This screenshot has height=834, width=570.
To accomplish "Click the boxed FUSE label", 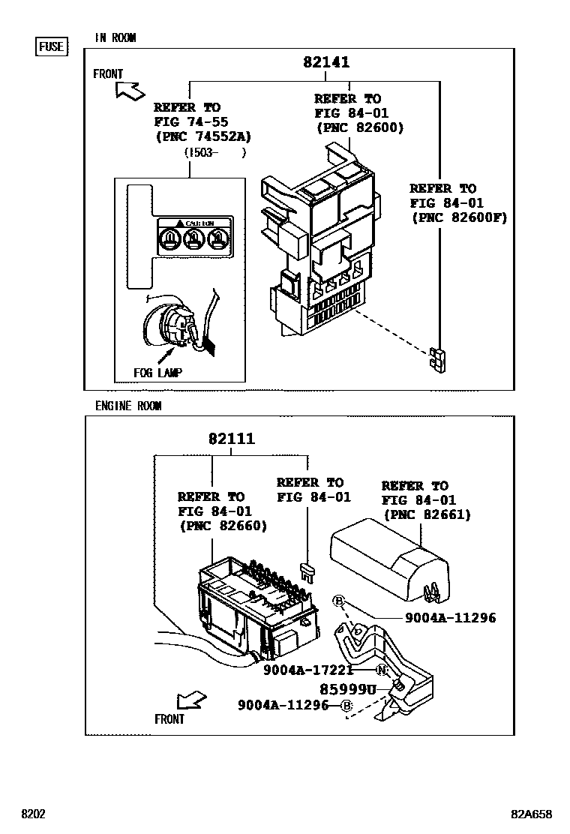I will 52,46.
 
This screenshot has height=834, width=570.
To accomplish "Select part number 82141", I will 326,63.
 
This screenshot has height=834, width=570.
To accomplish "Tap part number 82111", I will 232,439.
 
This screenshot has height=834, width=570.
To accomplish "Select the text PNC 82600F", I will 459,217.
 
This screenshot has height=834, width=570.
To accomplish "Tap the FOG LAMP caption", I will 158,372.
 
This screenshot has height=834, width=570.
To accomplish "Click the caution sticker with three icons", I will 195,236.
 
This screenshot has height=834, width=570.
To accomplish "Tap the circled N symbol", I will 382,670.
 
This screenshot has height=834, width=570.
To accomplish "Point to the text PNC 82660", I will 223,526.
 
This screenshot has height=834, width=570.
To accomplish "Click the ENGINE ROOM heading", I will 128,406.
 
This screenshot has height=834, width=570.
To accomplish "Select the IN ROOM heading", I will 115,37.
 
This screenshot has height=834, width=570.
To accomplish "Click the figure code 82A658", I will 532,814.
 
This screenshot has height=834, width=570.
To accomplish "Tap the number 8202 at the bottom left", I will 34,814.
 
